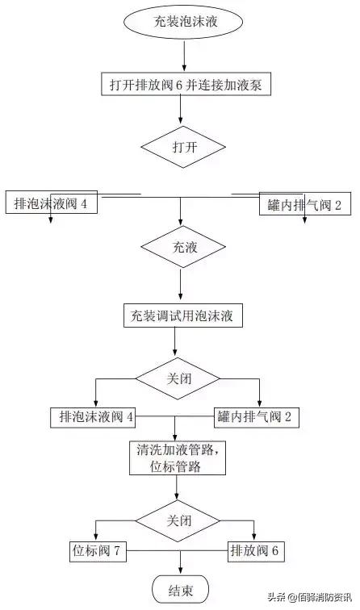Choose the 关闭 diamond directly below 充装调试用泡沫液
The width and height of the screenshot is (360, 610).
pos(178,378)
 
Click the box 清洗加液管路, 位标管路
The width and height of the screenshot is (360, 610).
pos(177,457)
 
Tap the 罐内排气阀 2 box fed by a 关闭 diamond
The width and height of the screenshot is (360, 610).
pos(258,417)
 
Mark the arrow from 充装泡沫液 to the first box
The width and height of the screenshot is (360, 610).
pos(185,55)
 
